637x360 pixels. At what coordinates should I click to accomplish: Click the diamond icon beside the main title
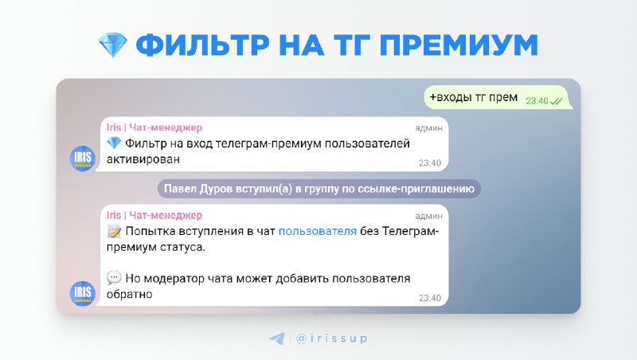tap(113, 45)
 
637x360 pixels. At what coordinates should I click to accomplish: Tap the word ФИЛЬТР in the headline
tap(203, 45)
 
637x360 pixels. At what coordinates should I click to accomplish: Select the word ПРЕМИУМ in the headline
tap(459, 45)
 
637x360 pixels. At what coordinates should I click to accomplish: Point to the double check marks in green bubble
tap(556, 101)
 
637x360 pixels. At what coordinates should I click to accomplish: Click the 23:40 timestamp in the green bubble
tap(537, 101)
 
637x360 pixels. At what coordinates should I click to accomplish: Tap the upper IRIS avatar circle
tap(83, 158)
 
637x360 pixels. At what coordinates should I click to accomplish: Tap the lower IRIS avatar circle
tap(83, 293)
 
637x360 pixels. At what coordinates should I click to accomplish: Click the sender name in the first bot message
tap(154, 127)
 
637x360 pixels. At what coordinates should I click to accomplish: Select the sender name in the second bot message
tap(154, 215)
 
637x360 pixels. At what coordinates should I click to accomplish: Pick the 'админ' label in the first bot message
tap(428, 128)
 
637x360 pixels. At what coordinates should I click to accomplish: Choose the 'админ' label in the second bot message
tap(428, 216)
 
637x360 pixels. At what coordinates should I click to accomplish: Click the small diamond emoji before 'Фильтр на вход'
tap(114, 143)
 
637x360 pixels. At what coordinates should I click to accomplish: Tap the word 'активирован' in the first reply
tap(143, 159)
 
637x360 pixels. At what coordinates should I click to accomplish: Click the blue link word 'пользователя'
tap(317, 231)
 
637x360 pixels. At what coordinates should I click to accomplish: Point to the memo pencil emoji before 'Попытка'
tap(114, 231)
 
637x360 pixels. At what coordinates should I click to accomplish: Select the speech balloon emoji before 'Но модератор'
tap(114, 278)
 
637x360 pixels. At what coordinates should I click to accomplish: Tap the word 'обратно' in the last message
tap(129, 294)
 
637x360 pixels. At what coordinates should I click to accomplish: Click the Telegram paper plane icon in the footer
tap(276, 338)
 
